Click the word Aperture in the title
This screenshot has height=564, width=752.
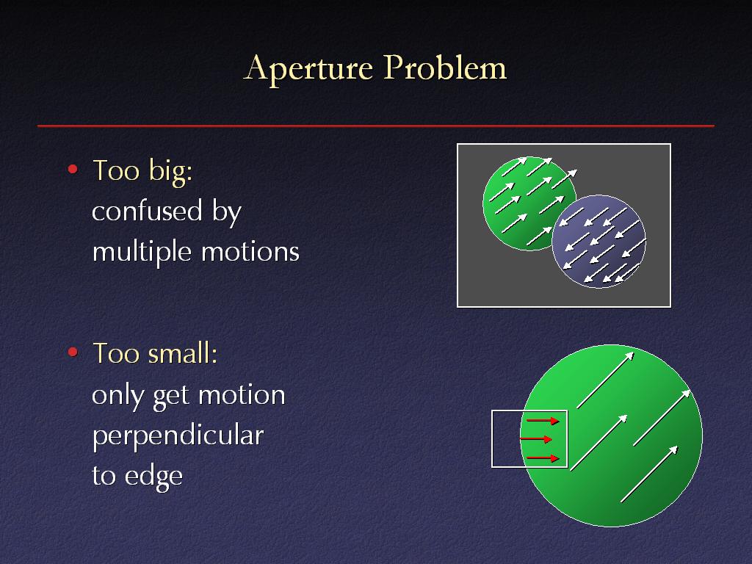[x=308, y=69]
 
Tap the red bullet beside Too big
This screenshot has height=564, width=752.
[x=73, y=169]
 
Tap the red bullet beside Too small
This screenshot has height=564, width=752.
[x=73, y=352]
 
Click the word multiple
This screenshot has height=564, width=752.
[x=142, y=253]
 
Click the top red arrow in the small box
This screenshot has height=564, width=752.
[x=543, y=421]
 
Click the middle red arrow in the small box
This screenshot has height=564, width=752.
[x=535, y=439]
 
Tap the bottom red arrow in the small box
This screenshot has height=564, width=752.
[x=543, y=458]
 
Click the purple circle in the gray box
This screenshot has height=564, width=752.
[x=599, y=242]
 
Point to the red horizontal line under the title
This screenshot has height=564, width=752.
[x=376, y=126]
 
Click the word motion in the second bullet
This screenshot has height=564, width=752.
[x=242, y=396]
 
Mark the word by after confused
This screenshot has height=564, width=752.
[x=227, y=212]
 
